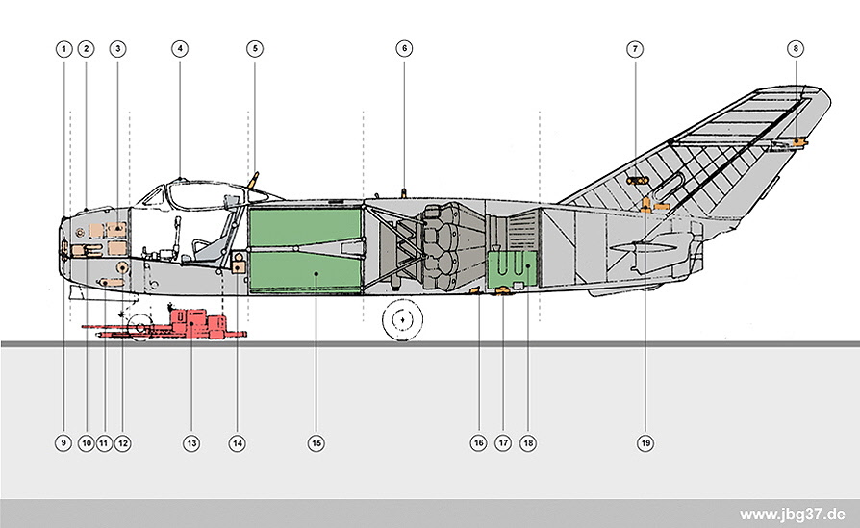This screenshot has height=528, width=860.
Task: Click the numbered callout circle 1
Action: pos(63,49)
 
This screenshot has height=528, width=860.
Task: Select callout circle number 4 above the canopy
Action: pos(180,49)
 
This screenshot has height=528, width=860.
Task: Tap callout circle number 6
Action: pos(404,49)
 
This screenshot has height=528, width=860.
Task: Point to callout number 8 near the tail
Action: pos(796,49)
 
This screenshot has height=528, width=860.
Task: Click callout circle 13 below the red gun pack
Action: pos(191,443)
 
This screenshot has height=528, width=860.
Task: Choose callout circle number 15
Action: pos(316,443)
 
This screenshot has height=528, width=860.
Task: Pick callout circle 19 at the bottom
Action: pos(645,443)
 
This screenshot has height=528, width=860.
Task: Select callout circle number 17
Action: pos(503,443)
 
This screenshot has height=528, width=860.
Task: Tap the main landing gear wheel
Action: pos(403,319)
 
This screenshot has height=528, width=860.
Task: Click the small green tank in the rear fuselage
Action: pos(513,269)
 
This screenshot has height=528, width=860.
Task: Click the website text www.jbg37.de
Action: pos(792,515)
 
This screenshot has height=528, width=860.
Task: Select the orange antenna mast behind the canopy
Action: pos(253,180)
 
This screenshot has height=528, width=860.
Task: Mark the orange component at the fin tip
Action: pos(799,142)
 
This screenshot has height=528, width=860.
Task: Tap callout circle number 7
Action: pos(635,49)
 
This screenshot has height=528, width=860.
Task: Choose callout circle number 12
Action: pos(122,443)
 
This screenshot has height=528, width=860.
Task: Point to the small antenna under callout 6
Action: pos(404,193)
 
